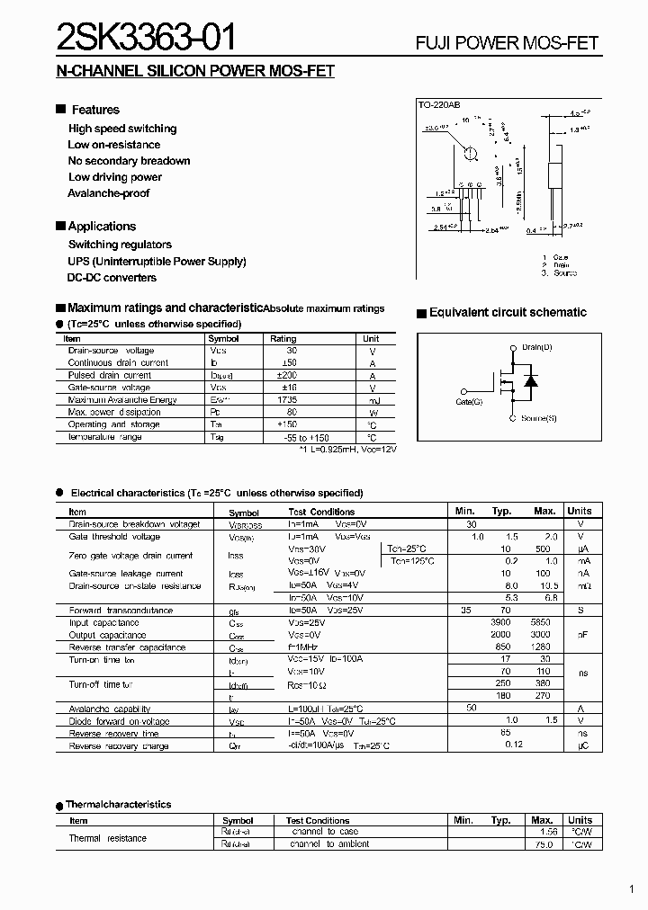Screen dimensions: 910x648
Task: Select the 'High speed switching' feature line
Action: (x=122, y=129)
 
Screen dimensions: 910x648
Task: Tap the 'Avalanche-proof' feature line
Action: (x=108, y=193)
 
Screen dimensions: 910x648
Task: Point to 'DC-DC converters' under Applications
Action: (x=112, y=278)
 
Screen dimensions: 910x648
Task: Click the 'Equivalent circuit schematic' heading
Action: (x=508, y=313)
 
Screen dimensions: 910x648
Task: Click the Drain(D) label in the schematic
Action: (x=537, y=347)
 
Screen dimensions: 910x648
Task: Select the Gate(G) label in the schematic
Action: (x=469, y=402)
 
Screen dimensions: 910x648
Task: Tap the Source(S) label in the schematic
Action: (x=539, y=418)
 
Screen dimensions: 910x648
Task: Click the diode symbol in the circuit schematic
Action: (x=531, y=381)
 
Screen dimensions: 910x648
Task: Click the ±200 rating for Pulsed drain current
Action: (x=287, y=375)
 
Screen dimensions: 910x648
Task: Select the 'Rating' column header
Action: (x=283, y=339)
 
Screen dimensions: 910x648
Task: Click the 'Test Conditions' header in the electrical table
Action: (x=319, y=512)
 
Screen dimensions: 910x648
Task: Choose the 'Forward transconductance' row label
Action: (x=121, y=610)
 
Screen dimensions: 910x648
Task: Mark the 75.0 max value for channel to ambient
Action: (x=542, y=844)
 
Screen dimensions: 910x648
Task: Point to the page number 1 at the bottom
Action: (x=633, y=890)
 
